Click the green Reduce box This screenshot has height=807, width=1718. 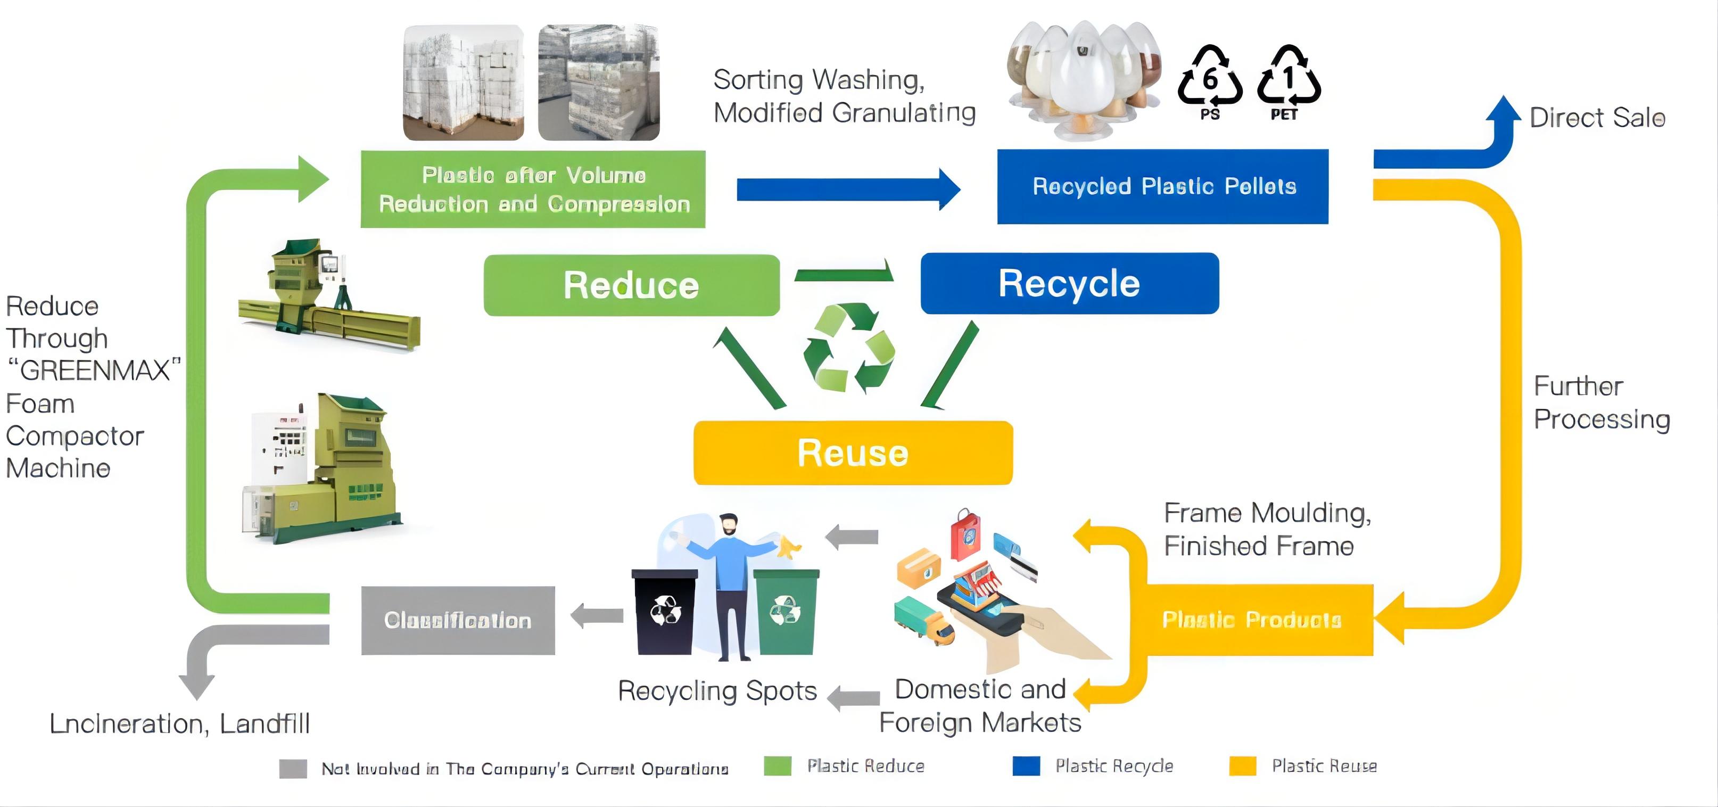coord(631,285)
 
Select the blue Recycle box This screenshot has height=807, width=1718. coord(1069,283)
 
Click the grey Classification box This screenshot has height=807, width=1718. coord(458,620)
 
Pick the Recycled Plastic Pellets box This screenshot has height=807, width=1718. coord(1162,186)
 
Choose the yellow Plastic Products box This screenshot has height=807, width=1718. coord(1251,620)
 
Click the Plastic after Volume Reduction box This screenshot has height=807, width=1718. coord(533,190)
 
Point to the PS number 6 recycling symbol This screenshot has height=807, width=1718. coord(1210,80)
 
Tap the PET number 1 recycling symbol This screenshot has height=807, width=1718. coord(1288,80)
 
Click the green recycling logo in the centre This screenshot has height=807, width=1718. coord(848,348)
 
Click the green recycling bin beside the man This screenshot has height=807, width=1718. coord(786,610)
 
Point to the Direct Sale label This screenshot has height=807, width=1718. coord(1597,118)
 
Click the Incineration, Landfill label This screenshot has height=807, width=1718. coord(180,723)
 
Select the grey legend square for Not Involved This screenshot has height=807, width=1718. coord(293,768)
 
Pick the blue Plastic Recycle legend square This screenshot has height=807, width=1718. coord(1026,765)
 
